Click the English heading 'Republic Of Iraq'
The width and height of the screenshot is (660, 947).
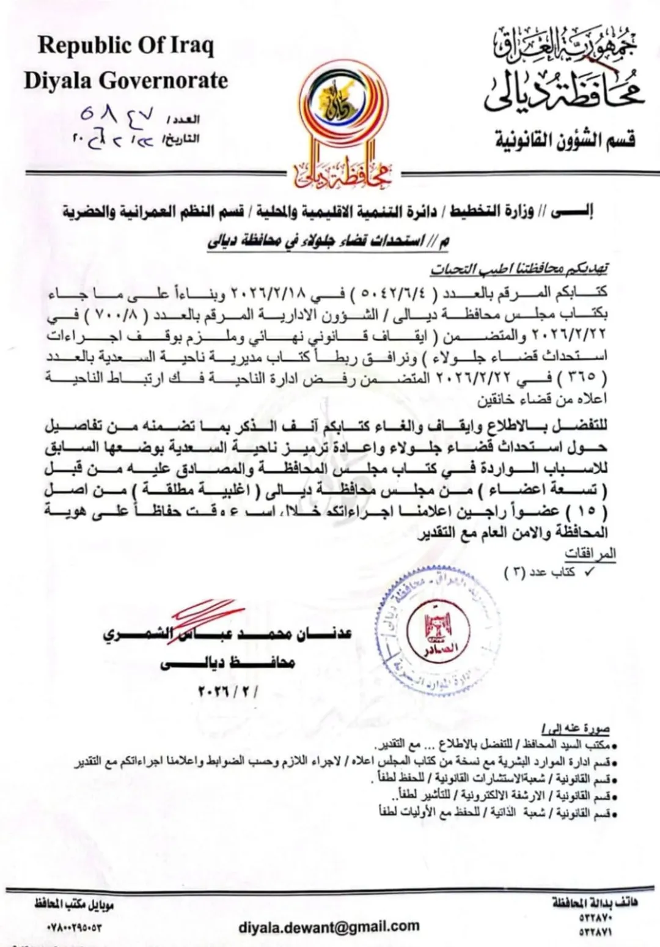click(x=126, y=45)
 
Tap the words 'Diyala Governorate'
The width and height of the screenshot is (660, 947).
click(x=126, y=80)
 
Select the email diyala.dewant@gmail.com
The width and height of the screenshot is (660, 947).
click(x=329, y=927)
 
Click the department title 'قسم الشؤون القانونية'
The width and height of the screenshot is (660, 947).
click(x=565, y=140)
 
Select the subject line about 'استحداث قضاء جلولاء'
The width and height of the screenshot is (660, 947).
click(x=328, y=242)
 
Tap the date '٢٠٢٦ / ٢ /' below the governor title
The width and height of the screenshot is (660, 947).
click(x=227, y=692)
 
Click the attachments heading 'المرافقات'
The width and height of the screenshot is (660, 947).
click(x=590, y=553)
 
